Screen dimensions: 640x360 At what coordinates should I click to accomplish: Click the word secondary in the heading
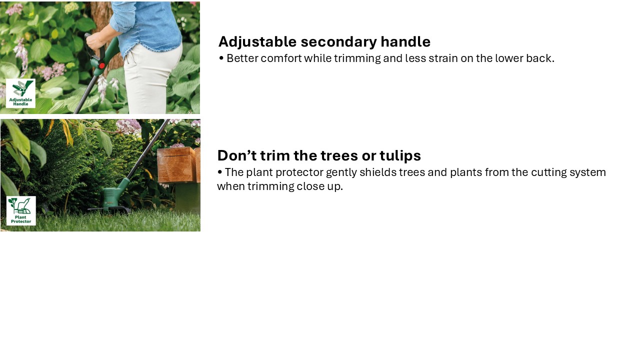(x=339, y=42)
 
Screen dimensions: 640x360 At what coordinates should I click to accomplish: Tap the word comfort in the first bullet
(x=281, y=58)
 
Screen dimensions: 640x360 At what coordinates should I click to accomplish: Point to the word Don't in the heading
(x=236, y=155)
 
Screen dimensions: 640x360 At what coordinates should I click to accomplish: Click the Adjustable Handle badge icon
(x=20, y=93)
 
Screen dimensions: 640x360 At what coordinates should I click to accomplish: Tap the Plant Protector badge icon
(x=21, y=211)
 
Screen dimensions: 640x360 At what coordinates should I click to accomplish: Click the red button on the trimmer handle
(x=101, y=66)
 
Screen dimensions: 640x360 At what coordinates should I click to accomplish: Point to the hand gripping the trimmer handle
(x=95, y=41)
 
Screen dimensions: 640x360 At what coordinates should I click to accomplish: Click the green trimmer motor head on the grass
(x=113, y=197)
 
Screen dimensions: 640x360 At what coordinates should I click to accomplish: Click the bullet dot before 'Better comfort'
(x=221, y=58)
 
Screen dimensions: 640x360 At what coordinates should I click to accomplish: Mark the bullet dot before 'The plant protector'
(x=219, y=172)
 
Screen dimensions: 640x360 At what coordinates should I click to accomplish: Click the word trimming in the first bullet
(x=357, y=59)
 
